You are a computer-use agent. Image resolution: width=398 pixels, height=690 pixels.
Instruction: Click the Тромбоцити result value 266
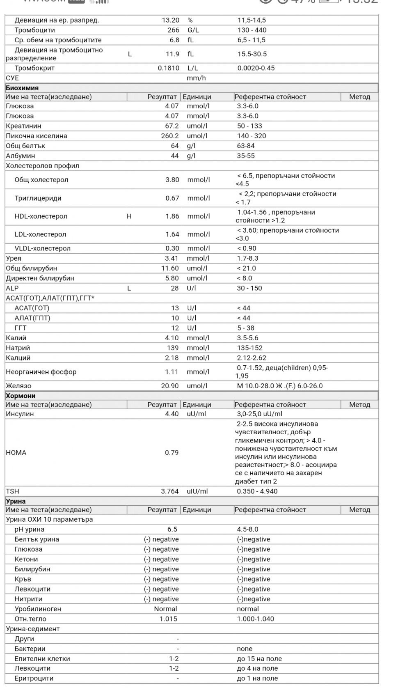point(173,30)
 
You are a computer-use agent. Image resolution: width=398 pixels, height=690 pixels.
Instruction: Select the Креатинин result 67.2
point(172,126)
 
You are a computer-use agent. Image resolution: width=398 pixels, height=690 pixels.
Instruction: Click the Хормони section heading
point(21,396)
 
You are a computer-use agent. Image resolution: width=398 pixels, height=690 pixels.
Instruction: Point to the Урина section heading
point(16,501)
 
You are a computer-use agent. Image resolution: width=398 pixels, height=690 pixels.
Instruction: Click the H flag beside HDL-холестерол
point(129,216)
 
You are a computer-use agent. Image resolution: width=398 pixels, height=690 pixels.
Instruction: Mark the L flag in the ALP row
point(129,288)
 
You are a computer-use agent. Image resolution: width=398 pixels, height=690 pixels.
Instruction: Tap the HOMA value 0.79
point(172,453)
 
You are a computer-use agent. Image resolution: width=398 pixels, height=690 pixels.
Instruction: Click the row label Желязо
point(18,386)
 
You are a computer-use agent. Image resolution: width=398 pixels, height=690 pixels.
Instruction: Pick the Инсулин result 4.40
point(172,414)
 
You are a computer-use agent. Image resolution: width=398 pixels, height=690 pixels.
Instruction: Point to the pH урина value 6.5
point(172,530)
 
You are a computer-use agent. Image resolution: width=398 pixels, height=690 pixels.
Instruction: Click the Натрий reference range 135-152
point(250,348)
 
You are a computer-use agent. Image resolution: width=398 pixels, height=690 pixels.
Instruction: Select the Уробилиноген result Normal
point(165,609)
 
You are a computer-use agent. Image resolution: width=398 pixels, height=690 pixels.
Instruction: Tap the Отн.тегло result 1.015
point(168,619)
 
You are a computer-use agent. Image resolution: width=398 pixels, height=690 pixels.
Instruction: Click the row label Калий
point(16,338)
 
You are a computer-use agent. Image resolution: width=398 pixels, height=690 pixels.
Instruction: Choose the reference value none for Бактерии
point(245,649)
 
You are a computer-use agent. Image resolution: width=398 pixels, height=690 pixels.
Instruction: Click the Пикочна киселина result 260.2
point(170,136)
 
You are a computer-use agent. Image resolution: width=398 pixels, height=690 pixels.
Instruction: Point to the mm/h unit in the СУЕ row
point(196,78)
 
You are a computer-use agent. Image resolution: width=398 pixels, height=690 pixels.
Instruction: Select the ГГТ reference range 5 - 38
point(246,328)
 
